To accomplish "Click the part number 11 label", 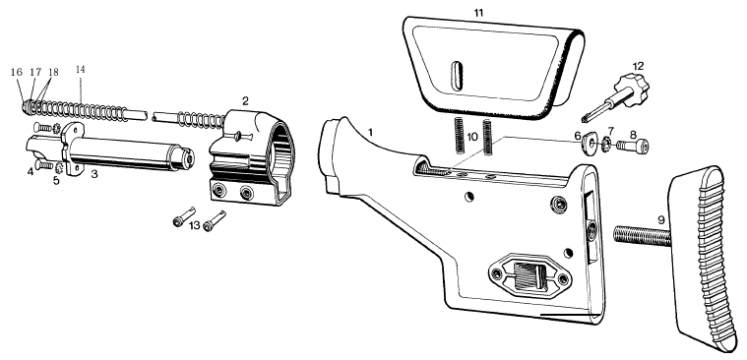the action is (x=478, y=13).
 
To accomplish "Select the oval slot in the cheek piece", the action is (x=457, y=76).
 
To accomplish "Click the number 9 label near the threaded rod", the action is (x=660, y=220).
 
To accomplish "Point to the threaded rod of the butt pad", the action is (x=642, y=236).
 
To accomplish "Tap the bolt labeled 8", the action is (x=633, y=145).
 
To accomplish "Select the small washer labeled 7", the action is (x=607, y=143).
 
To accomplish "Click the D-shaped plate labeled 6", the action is (x=589, y=144).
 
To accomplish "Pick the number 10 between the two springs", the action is (x=472, y=137).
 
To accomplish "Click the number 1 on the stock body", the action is (x=370, y=132).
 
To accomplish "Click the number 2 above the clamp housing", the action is (x=245, y=101).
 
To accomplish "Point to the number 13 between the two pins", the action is (x=194, y=225).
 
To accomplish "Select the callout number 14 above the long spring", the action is (x=80, y=70).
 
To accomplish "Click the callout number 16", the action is (x=16, y=72).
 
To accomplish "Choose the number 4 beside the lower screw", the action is (x=31, y=171).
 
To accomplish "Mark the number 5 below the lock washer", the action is (x=56, y=181).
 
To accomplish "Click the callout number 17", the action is (x=35, y=72).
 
